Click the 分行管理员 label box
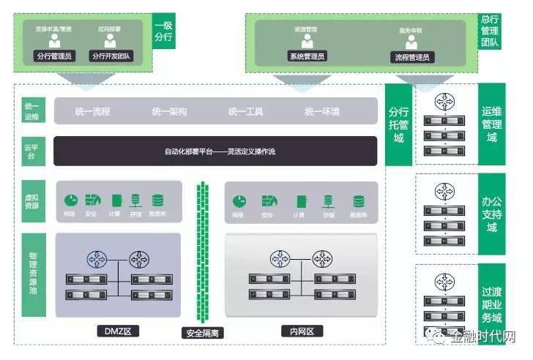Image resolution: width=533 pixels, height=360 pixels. [53, 56]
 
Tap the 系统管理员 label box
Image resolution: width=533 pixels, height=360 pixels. [307, 56]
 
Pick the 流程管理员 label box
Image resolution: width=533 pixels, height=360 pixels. [411, 56]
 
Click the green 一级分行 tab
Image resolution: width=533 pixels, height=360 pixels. [163, 31]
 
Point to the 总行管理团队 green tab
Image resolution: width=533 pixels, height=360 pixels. [490, 31]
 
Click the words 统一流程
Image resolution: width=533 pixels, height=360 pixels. [92, 112]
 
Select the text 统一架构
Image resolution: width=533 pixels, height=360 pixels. [169, 112]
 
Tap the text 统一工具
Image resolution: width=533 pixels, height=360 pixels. [246, 112]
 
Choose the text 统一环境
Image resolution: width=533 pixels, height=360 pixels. [322, 112]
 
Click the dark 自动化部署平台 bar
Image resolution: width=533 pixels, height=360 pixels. [215, 151]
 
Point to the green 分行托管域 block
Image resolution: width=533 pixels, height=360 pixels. [398, 125]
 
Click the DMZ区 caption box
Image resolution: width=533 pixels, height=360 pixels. [117, 331]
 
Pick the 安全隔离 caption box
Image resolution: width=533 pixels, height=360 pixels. [203, 333]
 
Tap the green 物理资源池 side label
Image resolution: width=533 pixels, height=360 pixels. [32, 274]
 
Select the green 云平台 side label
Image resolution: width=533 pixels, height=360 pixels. [32, 151]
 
